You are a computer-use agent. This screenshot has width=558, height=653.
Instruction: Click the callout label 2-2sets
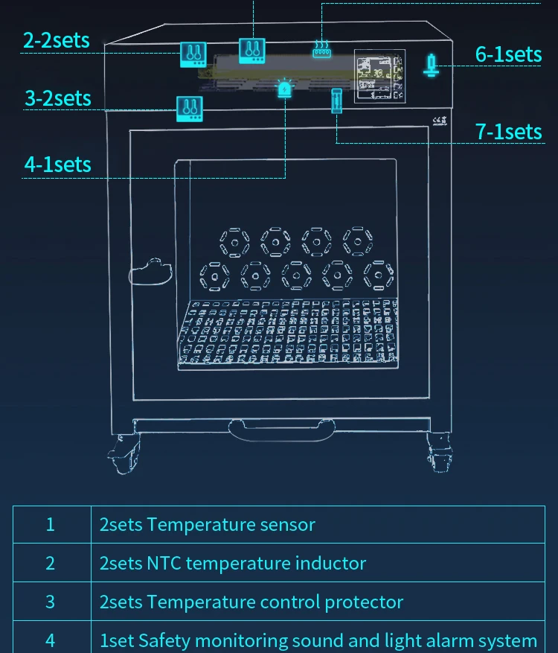57,40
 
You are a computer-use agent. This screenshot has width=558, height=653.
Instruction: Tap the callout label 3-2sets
58,98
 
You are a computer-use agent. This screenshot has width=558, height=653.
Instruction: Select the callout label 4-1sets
58,165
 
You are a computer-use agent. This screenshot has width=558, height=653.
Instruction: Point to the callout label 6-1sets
509,54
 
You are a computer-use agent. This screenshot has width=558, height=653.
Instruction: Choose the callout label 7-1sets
509,132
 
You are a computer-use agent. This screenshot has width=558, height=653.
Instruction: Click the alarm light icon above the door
285,89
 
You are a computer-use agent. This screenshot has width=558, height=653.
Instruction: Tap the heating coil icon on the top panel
321,50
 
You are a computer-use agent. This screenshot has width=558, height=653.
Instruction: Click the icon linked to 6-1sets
431,64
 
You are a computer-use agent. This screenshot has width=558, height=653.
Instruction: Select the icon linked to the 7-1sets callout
336,101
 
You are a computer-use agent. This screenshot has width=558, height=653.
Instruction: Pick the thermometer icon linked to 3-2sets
189,109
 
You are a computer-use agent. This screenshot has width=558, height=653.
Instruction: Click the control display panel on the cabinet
379,75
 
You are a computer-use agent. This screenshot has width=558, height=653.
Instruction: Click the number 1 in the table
51,524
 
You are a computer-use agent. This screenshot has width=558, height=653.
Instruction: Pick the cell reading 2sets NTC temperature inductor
233,563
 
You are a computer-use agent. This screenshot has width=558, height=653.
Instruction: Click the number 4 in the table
51,640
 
